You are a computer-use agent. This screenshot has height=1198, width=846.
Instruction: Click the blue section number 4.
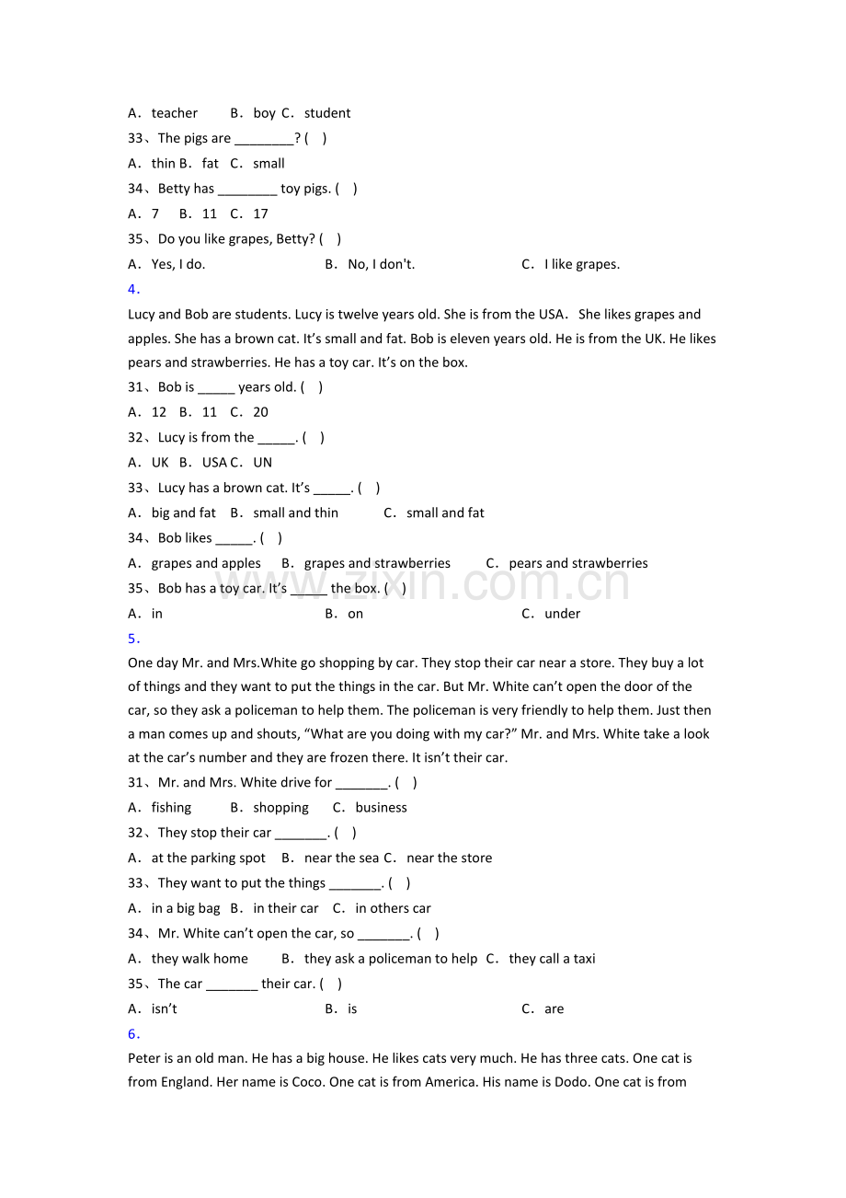tap(133, 289)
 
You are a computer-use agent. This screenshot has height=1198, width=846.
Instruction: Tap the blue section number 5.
tap(133, 639)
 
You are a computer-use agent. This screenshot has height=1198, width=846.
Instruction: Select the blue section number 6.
tap(133, 1033)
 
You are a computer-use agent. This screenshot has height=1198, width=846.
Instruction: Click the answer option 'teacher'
tap(174, 113)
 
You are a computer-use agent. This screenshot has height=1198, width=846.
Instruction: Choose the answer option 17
tap(260, 213)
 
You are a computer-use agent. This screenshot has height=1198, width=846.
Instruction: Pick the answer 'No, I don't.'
tap(381, 264)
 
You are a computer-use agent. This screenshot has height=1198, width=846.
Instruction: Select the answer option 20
tap(260, 412)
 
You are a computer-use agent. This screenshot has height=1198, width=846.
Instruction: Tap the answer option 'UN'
tap(263, 463)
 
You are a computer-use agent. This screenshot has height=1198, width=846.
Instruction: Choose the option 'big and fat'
tap(184, 513)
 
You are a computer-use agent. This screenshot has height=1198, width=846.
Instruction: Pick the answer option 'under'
tap(562, 614)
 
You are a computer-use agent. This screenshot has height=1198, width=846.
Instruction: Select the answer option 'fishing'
tap(171, 808)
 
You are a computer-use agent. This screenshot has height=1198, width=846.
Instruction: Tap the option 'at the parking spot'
tap(208, 858)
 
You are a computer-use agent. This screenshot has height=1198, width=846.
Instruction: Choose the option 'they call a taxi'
tap(552, 959)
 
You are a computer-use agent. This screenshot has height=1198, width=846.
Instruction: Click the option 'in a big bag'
tap(186, 908)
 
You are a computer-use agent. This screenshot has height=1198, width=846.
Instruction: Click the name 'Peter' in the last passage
tap(145, 1058)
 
